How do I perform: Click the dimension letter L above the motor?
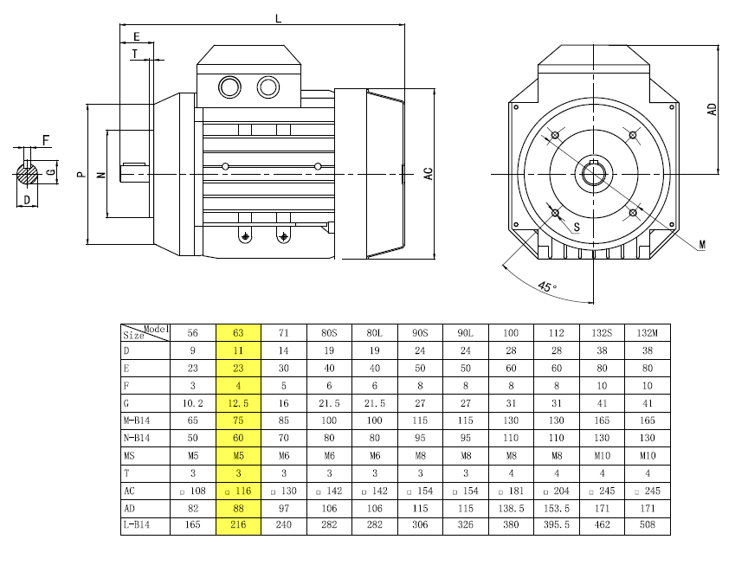(278, 18)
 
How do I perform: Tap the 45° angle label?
(547, 286)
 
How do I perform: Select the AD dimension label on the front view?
(712, 109)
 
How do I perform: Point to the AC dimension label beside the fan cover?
(428, 174)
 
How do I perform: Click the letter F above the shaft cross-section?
(46, 140)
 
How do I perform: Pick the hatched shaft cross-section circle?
(27, 174)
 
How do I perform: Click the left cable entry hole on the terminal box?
(229, 87)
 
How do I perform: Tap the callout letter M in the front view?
(702, 245)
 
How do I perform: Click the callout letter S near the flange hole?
(577, 227)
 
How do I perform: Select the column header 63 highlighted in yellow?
(238, 333)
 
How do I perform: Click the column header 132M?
(647, 333)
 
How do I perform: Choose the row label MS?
(129, 455)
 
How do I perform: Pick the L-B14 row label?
(137, 524)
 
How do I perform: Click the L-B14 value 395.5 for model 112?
(556, 524)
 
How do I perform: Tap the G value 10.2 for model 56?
(193, 403)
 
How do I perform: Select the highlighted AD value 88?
(238, 509)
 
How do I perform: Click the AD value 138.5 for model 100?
(511, 509)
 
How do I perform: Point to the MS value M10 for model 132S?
(602, 455)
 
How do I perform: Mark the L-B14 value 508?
(648, 524)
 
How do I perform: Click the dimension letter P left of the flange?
(81, 175)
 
